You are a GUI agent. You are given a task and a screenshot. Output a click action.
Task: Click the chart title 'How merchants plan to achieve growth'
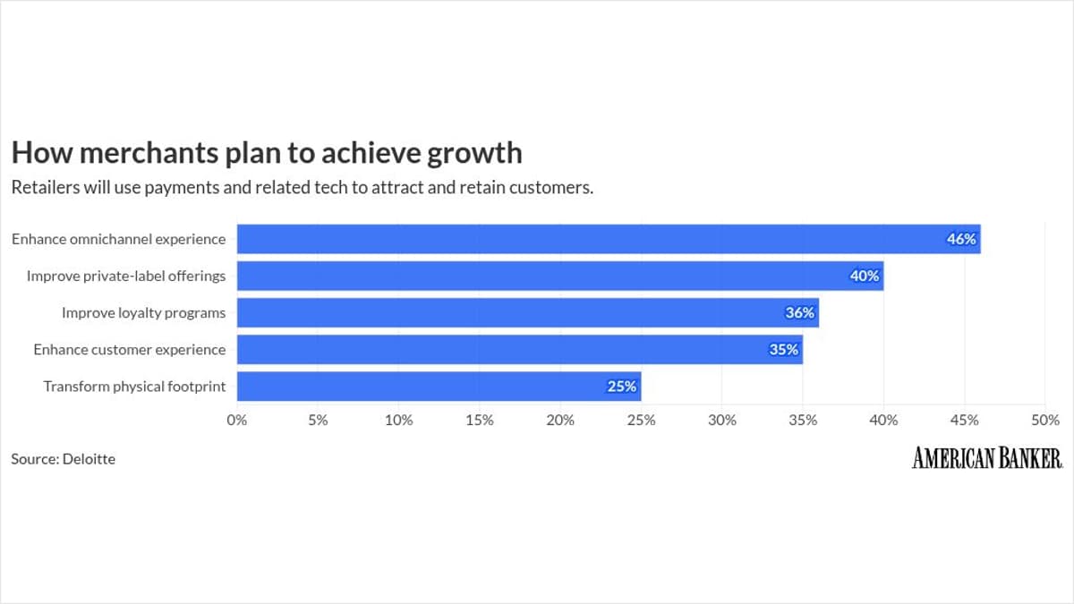coord(266,153)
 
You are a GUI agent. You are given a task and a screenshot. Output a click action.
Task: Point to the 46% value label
coord(961,239)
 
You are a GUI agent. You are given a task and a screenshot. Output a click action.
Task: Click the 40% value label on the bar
coord(865,276)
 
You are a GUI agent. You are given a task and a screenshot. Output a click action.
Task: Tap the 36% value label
coord(800,312)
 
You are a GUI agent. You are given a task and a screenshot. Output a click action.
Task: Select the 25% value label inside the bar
coord(622,387)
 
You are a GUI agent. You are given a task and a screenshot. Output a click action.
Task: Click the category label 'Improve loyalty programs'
coord(143,312)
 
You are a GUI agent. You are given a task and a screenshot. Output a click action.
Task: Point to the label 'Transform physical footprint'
coord(134,387)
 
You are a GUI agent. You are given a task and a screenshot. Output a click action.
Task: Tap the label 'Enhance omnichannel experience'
coord(118,239)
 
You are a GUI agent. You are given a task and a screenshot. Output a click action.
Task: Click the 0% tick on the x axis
coord(236,420)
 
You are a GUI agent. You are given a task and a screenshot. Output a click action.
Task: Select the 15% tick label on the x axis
coord(480,420)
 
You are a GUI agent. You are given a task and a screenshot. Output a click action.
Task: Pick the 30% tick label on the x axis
coord(722,420)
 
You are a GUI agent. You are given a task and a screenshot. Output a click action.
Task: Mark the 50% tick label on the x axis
coord(1044,420)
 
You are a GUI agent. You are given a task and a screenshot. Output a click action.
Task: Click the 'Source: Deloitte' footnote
coord(63,459)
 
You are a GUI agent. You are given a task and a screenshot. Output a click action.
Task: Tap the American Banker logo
coord(987,458)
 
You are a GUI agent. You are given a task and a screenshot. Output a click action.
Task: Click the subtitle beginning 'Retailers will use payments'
coord(303,188)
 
